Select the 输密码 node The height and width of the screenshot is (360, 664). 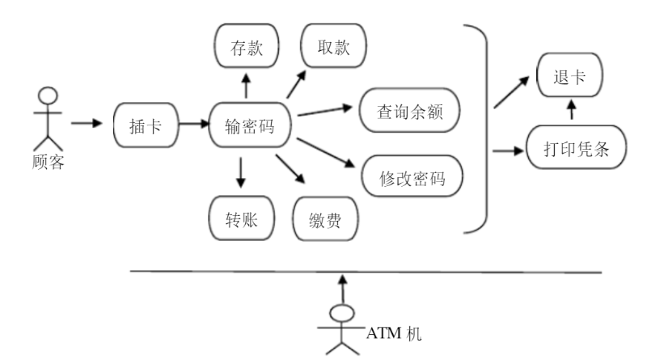[x=251, y=125]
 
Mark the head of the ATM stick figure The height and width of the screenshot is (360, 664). [x=344, y=314]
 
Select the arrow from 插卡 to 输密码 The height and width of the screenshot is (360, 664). [x=192, y=125]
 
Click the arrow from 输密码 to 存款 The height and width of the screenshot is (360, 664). [x=247, y=84]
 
